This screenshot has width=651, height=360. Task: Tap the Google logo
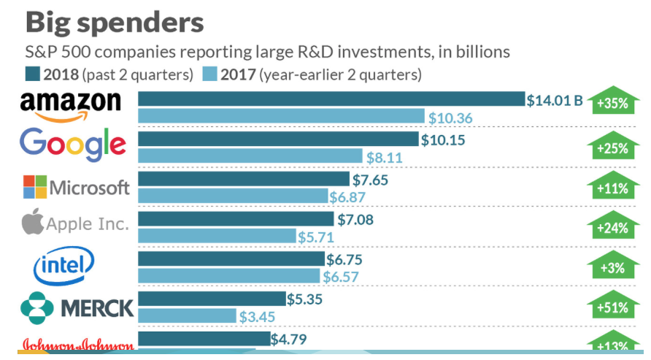(73, 144)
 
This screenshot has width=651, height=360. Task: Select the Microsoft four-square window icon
(34, 186)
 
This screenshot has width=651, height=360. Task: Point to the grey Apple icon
(33, 222)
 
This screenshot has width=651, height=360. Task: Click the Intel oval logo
(64, 266)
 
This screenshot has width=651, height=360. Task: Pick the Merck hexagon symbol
(36, 307)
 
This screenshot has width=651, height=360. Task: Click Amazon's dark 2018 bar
(331, 99)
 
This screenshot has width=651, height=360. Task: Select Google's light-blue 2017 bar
(250, 156)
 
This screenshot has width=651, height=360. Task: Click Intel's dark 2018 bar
(231, 258)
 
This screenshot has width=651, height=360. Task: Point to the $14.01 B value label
(555, 101)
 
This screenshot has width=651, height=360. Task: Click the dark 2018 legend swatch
(32, 74)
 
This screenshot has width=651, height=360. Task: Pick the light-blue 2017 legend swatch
(210, 74)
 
